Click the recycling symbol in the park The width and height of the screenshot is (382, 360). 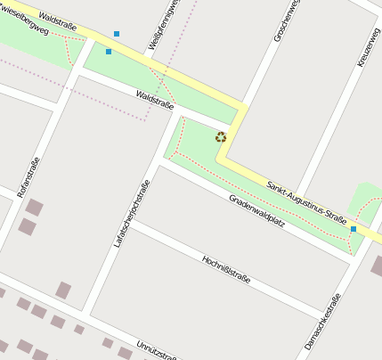tap(221, 137)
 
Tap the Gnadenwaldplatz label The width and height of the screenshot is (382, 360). tap(256, 210)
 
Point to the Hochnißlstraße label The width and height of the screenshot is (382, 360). tap(226, 268)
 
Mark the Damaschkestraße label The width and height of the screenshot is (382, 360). tap(322, 321)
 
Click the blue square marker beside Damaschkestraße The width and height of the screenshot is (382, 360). tap(354, 229)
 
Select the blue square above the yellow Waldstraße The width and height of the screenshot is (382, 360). tap(117, 34)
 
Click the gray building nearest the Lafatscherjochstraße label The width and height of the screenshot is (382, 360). tap(63, 290)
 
